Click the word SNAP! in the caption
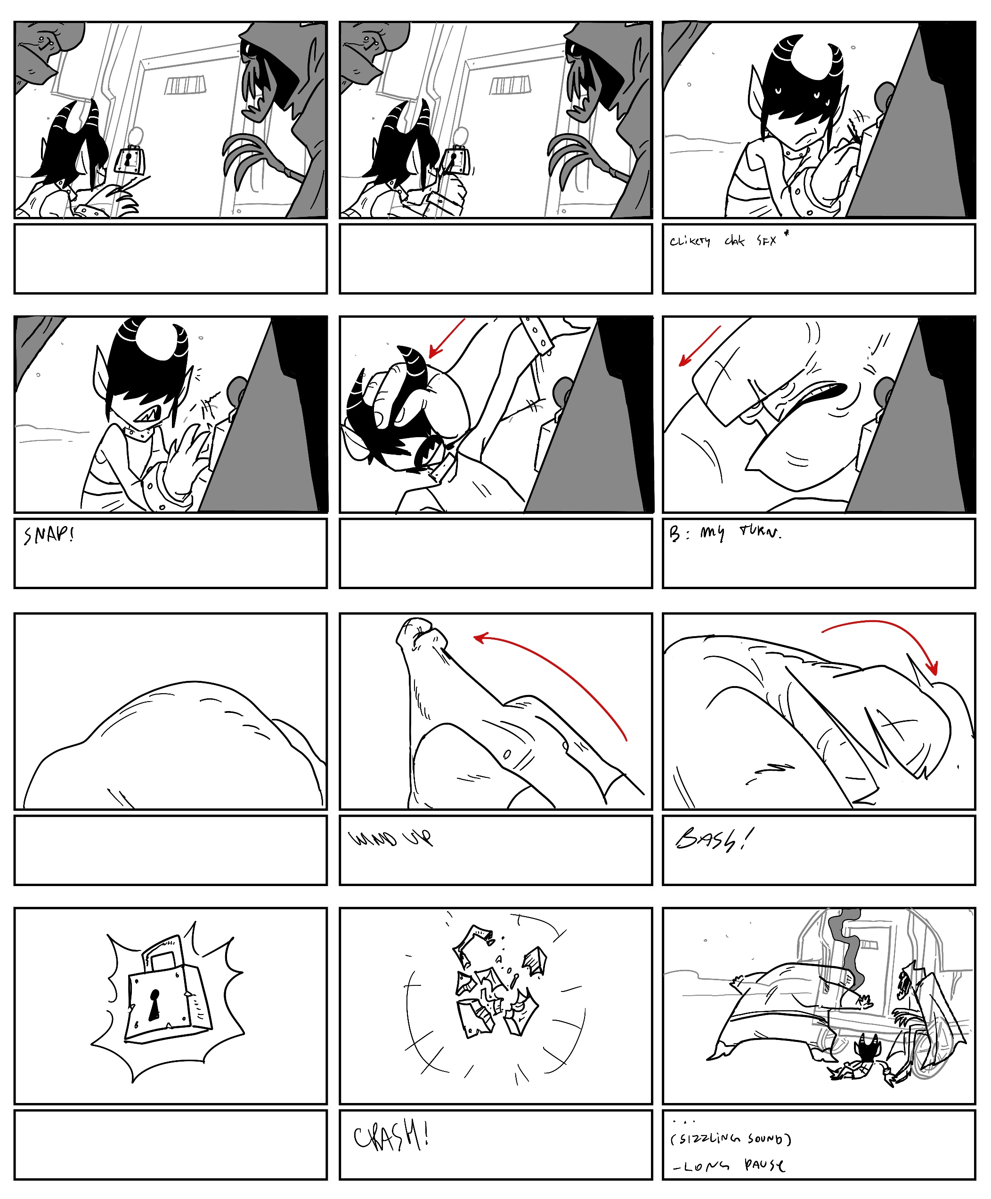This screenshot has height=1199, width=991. (49, 535)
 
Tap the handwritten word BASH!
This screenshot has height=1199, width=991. (713, 839)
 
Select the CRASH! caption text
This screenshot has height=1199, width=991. (390, 1136)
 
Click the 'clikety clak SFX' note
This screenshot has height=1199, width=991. (723, 241)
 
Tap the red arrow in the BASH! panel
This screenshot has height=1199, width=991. (885, 633)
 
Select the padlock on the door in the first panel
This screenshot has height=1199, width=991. (130, 161)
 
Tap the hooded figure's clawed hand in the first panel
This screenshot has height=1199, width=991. (245, 157)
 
